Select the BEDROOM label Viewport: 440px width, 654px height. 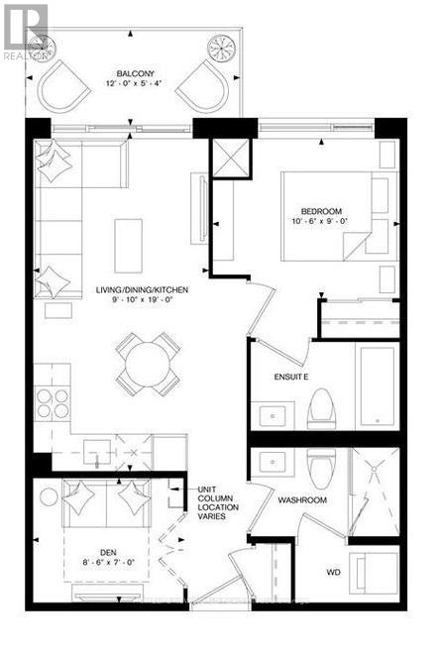[x=321, y=211]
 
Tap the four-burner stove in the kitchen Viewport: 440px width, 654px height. [x=54, y=403]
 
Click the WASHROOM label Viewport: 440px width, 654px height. [x=301, y=500]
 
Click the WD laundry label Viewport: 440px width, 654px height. [x=332, y=573]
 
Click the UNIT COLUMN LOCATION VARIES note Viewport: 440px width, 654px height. [x=218, y=500]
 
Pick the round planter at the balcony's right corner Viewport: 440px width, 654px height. [x=219, y=47]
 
